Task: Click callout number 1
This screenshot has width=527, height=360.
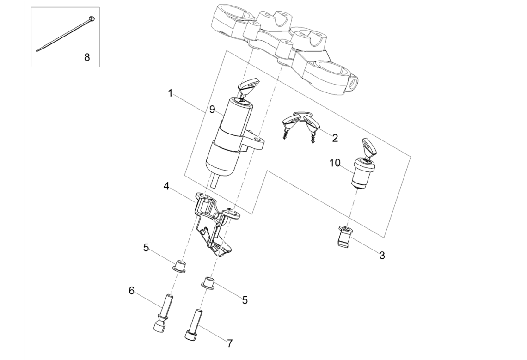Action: [x=171, y=94]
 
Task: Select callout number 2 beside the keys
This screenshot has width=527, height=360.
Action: [x=335, y=138]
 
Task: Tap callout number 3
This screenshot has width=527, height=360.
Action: [x=382, y=255]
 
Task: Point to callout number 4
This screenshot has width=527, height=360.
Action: [x=166, y=186]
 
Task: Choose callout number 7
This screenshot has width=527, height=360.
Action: [x=230, y=343]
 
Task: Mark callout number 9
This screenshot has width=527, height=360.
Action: [x=212, y=110]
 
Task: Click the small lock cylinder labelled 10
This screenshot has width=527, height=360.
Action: [x=363, y=172]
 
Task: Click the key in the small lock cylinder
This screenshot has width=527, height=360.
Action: [x=371, y=147]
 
